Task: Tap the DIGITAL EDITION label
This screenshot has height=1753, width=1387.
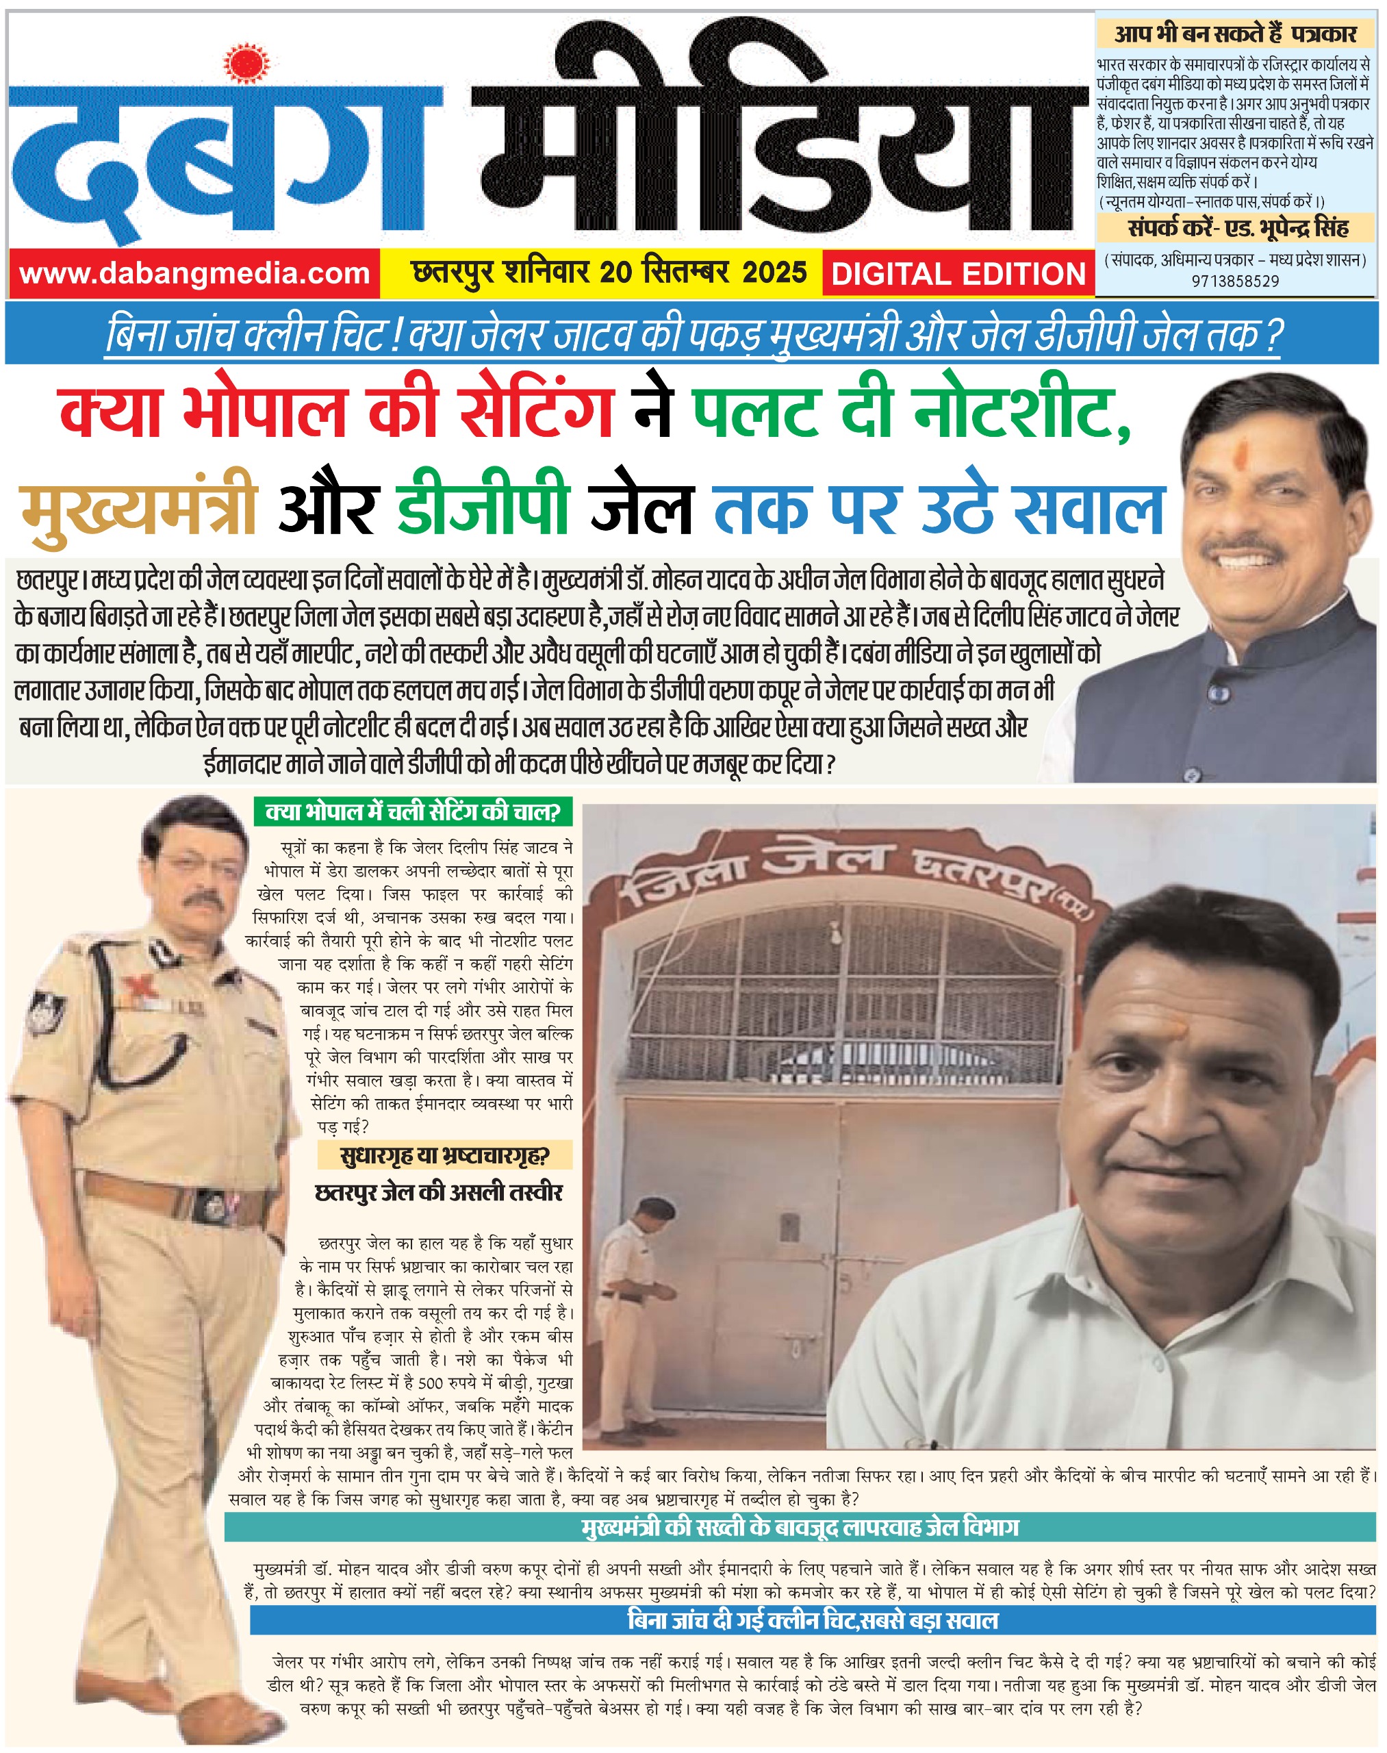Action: tap(958, 274)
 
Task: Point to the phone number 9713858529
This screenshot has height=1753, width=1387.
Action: tap(1235, 281)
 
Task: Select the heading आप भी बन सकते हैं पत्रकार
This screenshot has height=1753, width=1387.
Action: tap(1235, 34)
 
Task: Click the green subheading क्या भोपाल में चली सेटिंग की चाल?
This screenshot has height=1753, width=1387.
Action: tap(413, 811)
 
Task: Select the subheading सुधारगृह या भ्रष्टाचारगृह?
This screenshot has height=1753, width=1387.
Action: tap(444, 1155)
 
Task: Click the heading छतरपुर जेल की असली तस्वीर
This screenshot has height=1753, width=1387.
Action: tap(439, 1192)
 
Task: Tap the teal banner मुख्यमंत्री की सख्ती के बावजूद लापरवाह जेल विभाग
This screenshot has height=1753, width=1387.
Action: tap(800, 1527)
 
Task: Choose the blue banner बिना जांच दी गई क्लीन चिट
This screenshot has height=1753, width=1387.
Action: tap(813, 1619)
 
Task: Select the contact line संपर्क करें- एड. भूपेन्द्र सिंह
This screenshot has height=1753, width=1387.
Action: tap(1238, 228)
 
